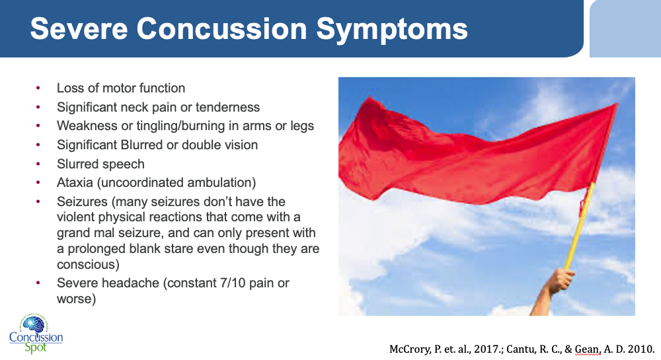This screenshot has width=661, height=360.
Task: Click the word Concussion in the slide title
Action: (222, 28)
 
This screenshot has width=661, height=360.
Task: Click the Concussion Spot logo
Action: (36, 333)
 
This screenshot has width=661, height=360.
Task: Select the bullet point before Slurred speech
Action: (38, 164)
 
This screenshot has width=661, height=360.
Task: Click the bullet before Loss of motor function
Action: (38, 88)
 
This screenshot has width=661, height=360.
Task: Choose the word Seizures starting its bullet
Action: (82, 201)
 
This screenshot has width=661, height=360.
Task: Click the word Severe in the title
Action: (79, 28)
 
